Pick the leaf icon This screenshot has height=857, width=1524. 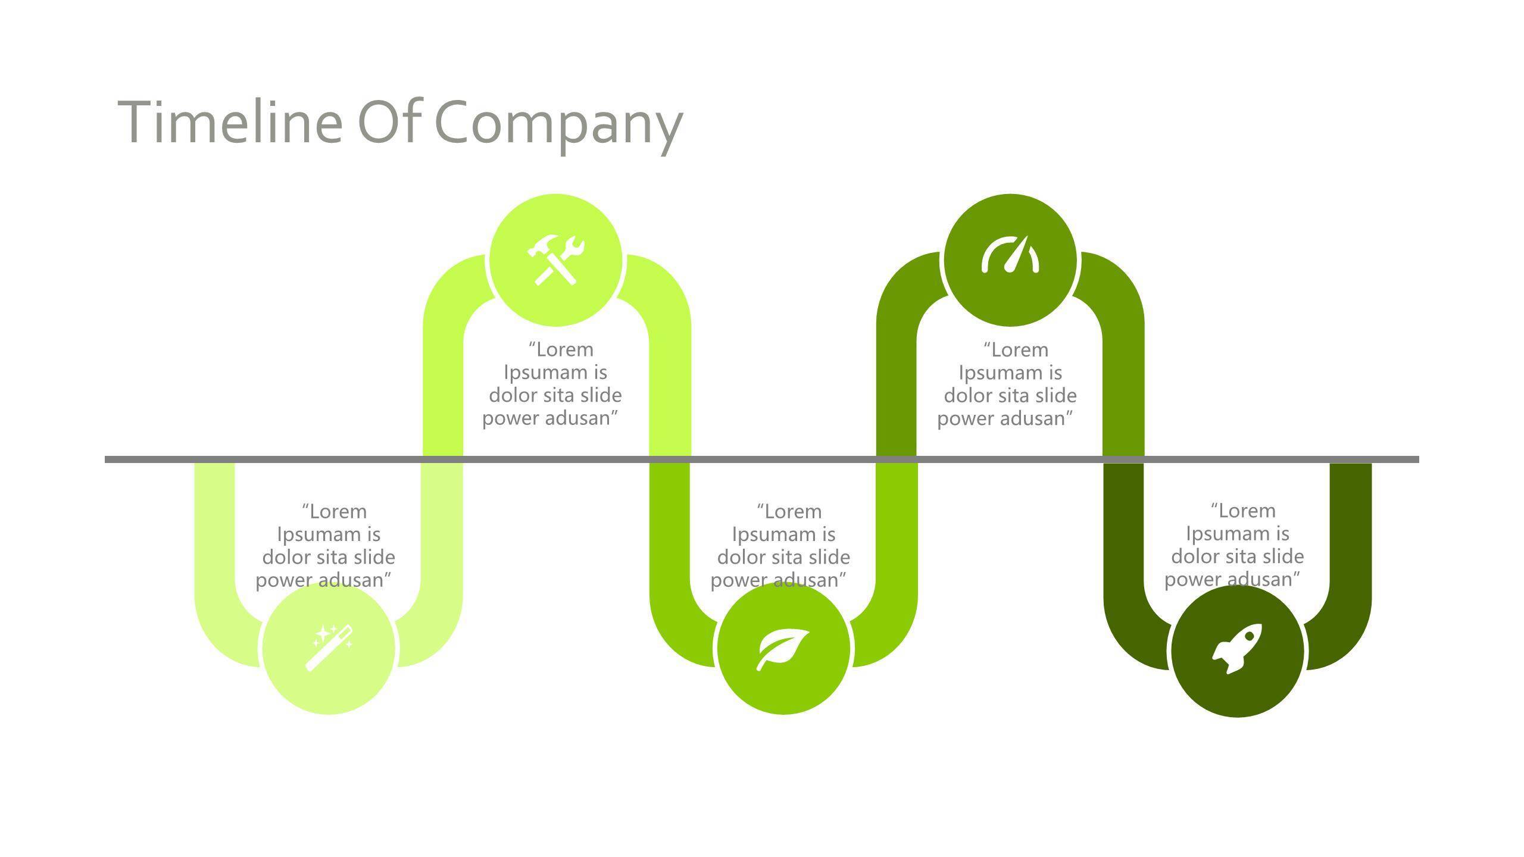coord(782,649)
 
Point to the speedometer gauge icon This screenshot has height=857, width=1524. coord(1010,256)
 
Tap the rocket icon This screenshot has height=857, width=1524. coord(1238,649)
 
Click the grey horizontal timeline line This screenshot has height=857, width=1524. coord(762,459)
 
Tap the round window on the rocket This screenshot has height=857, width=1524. coord(1248,637)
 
